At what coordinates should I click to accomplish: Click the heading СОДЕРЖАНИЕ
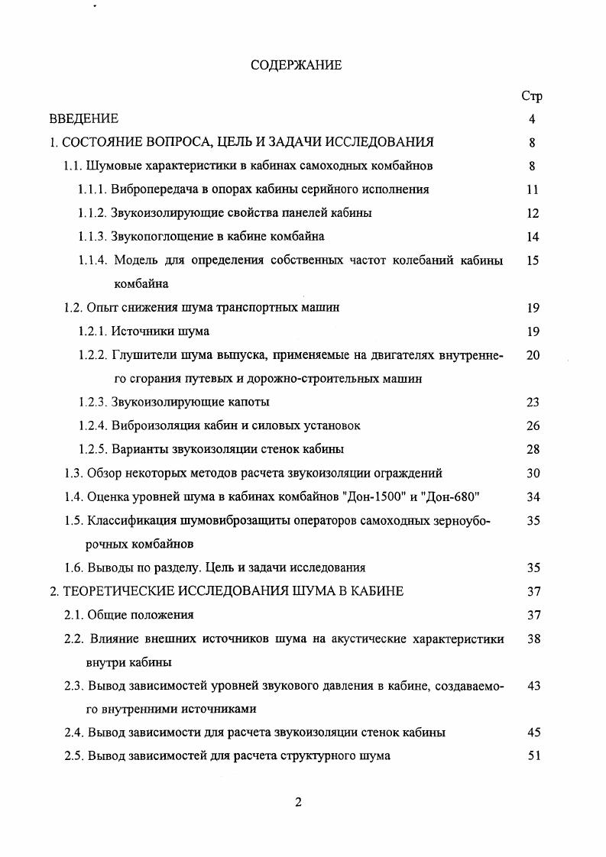297,66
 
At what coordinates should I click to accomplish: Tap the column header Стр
532,96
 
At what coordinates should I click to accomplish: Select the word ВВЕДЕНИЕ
84,119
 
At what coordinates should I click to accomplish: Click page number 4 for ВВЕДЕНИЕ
532,119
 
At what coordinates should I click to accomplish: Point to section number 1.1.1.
93,189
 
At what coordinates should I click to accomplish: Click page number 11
533,189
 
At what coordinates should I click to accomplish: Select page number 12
533,213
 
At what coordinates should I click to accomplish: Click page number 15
533,260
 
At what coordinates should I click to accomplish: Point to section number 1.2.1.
93,331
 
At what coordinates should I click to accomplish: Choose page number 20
533,355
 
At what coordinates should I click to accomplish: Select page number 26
533,425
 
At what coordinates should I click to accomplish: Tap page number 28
533,449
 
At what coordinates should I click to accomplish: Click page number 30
533,474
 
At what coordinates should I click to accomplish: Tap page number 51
533,756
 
